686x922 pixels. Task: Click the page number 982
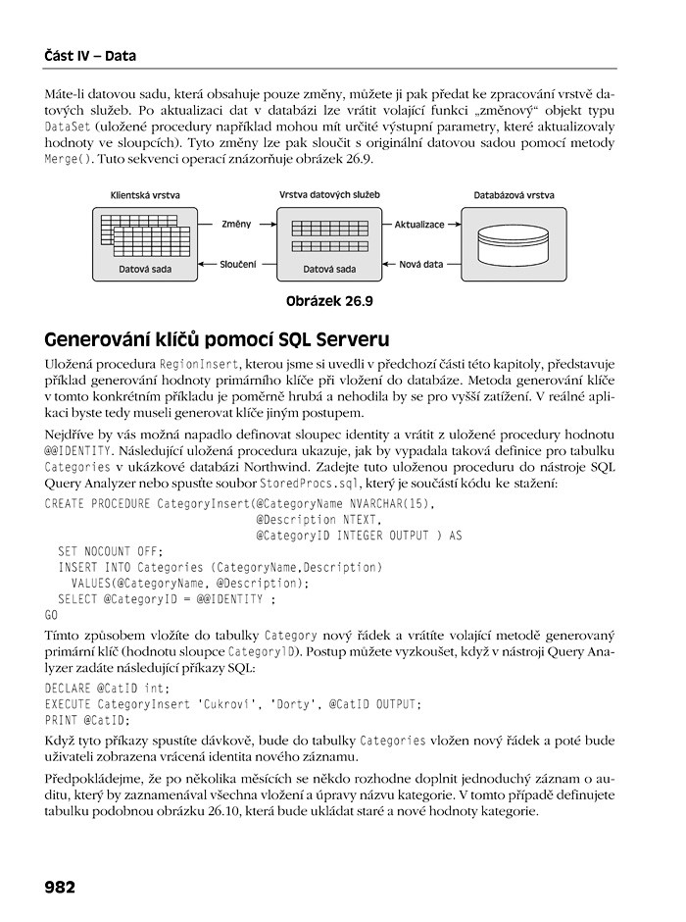(60, 887)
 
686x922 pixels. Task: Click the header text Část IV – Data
(90, 56)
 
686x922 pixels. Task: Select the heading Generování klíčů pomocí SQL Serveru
(217, 340)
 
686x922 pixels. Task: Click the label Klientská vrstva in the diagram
(145, 195)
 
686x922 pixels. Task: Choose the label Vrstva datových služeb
(329, 195)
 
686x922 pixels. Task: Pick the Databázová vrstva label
(514, 195)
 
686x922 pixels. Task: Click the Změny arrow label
(237, 224)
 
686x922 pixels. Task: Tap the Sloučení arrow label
(237, 264)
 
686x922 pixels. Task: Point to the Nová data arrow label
(421, 264)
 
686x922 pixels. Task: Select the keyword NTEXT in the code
(360, 520)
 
